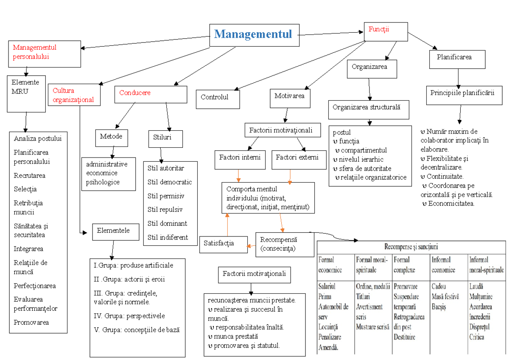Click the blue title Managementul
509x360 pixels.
point(254,34)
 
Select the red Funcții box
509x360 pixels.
point(386,31)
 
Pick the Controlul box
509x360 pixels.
point(218,99)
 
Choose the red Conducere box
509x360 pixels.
point(151,94)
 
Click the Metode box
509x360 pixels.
point(111,137)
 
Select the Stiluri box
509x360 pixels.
point(165,138)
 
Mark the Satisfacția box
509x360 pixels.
point(223,244)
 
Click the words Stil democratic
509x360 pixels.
point(170,182)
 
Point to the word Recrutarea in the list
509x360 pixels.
point(30,175)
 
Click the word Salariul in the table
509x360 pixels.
point(327,287)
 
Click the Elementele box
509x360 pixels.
point(113,231)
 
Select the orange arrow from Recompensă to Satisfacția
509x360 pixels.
point(252,246)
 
